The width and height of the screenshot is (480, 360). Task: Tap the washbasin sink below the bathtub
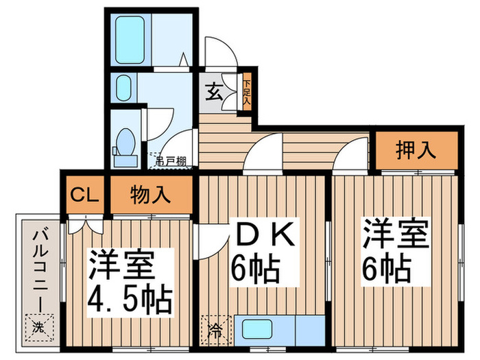point(123,88)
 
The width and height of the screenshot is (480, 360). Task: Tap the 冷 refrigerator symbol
point(215,328)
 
